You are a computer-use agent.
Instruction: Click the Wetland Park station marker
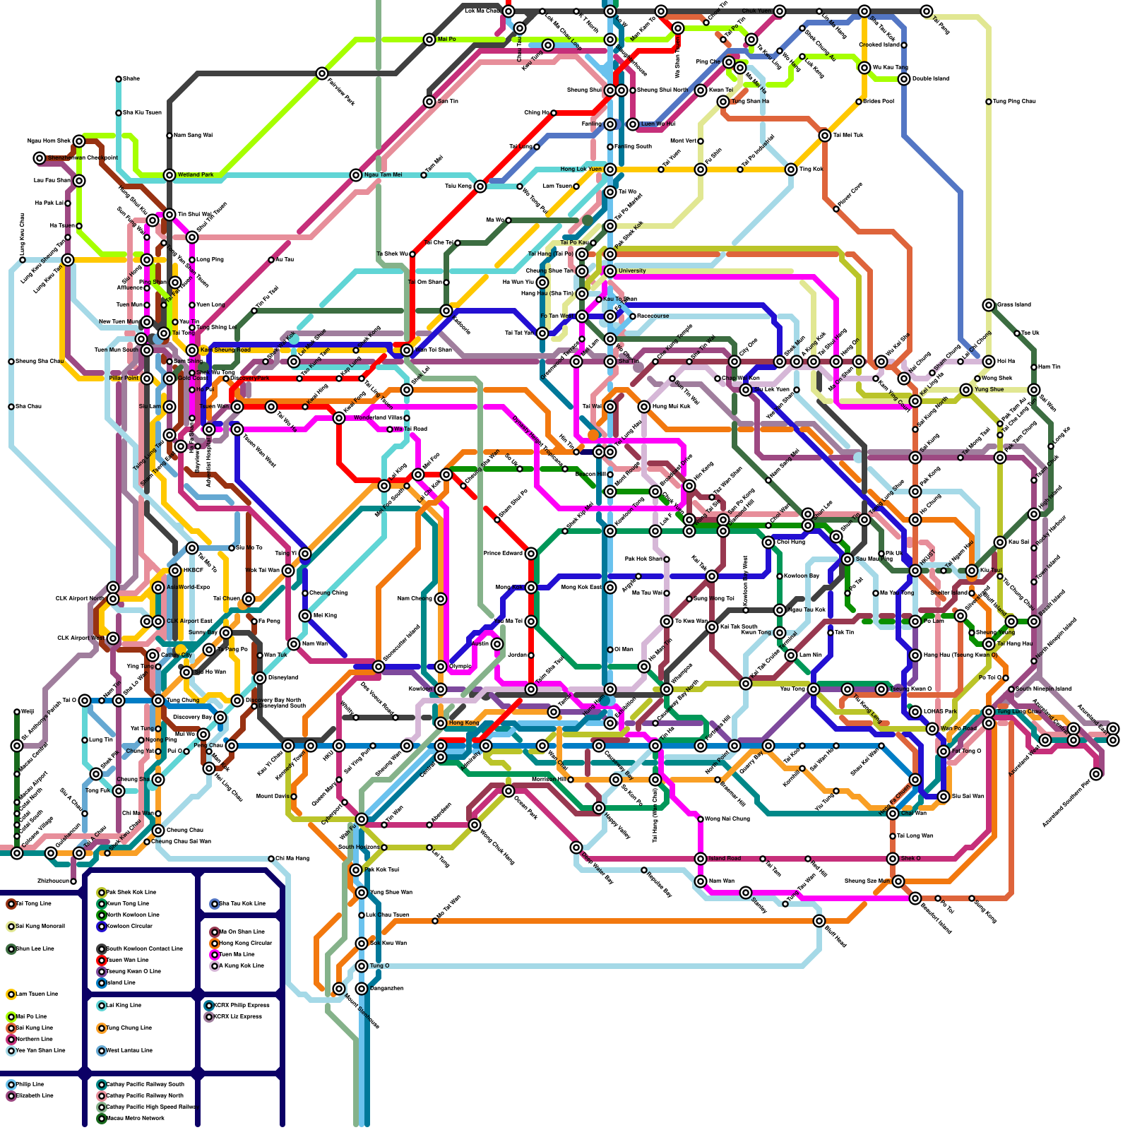click(x=169, y=175)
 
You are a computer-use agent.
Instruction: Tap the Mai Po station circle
click(x=429, y=40)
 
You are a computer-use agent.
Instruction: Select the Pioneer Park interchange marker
click(x=322, y=73)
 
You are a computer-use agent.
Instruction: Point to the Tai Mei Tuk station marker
click(x=825, y=136)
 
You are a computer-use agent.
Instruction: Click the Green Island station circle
click(x=989, y=305)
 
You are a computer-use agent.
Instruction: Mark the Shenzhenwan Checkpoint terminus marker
click(x=40, y=158)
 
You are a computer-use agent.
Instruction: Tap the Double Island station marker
click(x=904, y=79)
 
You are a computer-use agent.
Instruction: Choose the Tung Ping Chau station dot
click(x=989, y=102)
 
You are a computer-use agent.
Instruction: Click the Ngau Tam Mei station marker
click(x=356, y=175)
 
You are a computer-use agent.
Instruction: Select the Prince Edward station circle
click(x=531, y=554)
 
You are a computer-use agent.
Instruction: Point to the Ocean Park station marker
click(x=509, y=791)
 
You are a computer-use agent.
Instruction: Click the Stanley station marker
click(x=746, y=893)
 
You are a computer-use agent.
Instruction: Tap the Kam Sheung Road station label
click(x=225, y=350)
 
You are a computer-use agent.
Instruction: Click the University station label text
click(x=632, y=270)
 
